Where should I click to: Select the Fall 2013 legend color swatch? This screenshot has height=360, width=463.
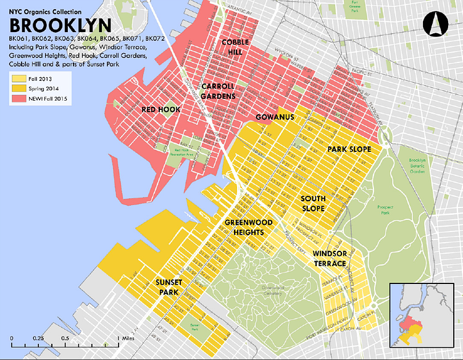pyautogui.click(x=15, y=78)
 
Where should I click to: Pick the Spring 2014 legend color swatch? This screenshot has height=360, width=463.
pyautogui.click(x=15, y=88)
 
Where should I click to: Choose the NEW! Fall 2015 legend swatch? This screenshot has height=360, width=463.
pyautogui.click(x=15, y=99)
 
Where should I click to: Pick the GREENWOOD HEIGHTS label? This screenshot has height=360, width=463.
pyautogui.click(x=245, y=227)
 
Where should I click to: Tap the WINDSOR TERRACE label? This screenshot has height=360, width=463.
pyautogui.click(x=329, y=259)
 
